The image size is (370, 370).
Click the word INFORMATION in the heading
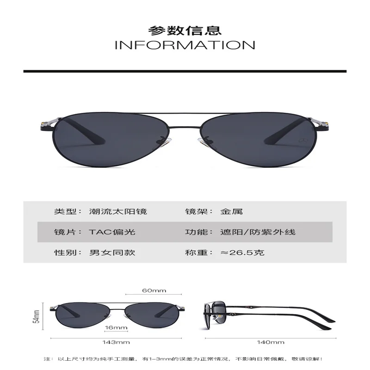(185, 45)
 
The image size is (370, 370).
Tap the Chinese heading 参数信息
(185, 30)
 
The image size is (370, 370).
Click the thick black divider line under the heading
(185, 70)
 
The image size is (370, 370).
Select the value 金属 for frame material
(232, 212)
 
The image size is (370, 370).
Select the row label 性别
(62, 253)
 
